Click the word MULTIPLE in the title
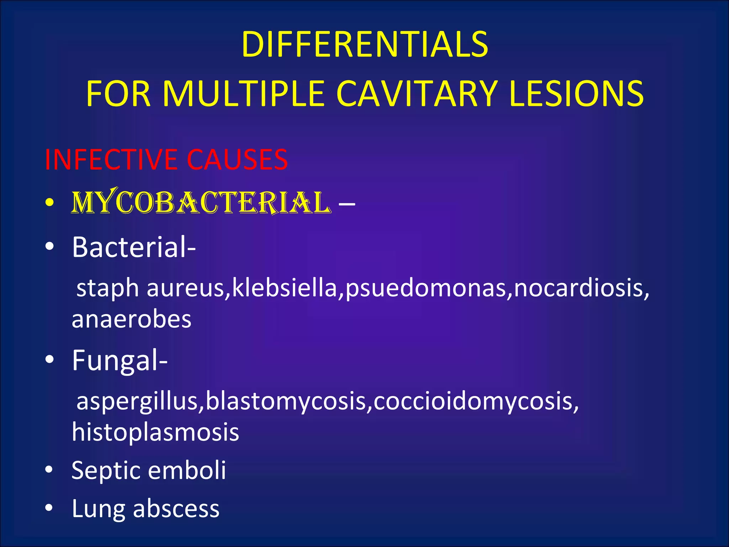click(244, 93)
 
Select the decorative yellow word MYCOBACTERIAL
click(201, 203)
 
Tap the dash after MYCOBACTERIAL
click(347, 204)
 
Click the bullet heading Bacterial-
click(133, 247)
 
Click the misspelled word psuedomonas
click(426, 288)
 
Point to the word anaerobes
click(131, 319)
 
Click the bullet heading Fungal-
click(120, 360)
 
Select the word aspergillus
click(137, 402)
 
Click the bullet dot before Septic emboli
click(49, 470)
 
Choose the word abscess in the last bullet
click(176, 509)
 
